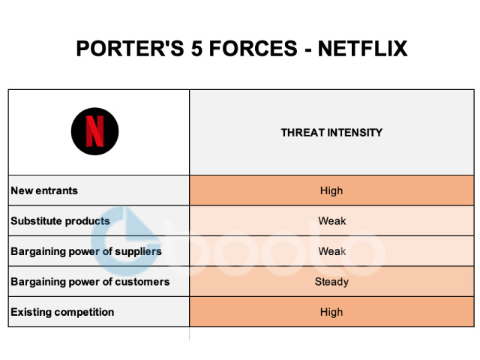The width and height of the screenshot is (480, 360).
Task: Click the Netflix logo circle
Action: tap(94, 132)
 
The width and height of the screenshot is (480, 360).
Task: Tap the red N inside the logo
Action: tap(94, 132)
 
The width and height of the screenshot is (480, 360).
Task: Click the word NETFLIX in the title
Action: tap(363, 49)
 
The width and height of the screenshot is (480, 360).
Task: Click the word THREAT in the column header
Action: tap(302, 133)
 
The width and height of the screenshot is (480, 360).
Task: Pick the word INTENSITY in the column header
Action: tap(355, 133)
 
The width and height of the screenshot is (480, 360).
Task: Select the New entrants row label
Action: tap(44, 190)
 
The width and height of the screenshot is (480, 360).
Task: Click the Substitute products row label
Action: tap(60, 221)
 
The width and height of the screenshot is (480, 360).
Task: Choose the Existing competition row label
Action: tap(62, 312)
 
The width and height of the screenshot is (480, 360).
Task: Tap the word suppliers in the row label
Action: tap(137, 251)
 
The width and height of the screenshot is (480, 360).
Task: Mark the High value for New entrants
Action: tap(331, 190)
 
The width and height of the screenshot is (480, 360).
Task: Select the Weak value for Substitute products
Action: tap(331, 221)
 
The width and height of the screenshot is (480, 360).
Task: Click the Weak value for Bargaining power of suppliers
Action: tap(331, 251)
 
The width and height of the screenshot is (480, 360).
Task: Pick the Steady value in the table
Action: tap(331, 282)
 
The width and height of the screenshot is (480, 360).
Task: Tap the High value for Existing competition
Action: tap(331, 312)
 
